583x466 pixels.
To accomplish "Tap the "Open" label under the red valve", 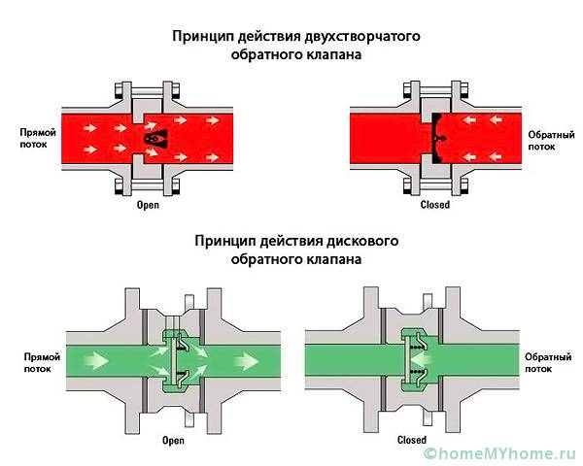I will (147, 205).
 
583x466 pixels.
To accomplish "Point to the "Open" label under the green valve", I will (173, 439).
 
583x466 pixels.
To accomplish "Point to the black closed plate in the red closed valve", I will (433, 139).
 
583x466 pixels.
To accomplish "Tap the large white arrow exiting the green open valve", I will (244, 361).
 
